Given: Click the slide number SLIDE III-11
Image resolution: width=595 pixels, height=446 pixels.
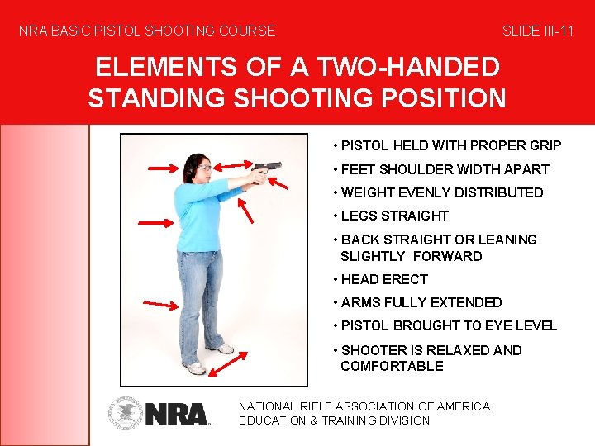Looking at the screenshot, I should (x=538, y=31).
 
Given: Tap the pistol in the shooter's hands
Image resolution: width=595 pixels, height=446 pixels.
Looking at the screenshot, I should (x=267, y=169).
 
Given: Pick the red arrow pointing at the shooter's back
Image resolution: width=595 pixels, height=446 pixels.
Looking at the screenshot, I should (x=154, y=222).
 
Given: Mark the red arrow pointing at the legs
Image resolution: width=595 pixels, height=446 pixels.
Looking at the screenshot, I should (x=159, y=305).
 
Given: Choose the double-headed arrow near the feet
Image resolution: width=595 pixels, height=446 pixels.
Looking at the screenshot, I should (x=228, y=362).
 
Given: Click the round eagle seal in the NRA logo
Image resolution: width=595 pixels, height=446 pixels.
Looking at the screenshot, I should (x=125, y=414).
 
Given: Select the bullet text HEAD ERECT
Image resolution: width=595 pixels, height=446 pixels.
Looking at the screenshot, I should (x=380, y=279).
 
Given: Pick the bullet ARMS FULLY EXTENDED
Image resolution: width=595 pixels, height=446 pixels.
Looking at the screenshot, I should (x=417, y=302).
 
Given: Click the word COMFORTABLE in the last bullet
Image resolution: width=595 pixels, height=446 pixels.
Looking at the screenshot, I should (x=392, y=366).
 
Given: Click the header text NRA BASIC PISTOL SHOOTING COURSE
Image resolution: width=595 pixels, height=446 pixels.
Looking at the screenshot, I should (x=147, y=31).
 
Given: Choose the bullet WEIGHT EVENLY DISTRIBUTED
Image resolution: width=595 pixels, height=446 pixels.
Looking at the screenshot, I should (x=438, y=192).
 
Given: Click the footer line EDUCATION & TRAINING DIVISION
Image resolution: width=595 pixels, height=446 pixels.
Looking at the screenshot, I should (x=334, y=420).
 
